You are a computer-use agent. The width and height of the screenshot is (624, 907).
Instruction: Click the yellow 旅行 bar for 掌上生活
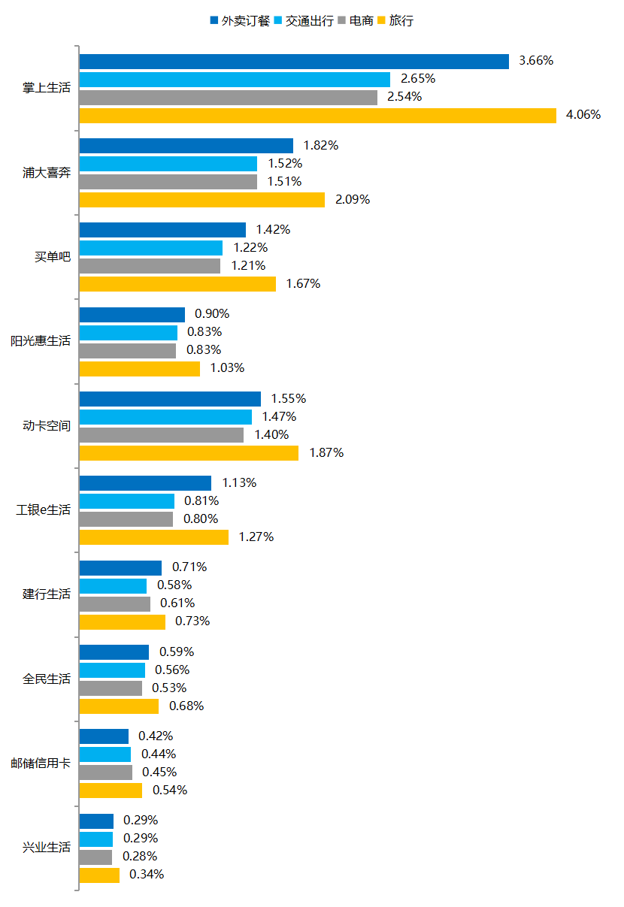pos(317,115)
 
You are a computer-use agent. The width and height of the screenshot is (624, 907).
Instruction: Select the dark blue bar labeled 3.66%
pos(294,61)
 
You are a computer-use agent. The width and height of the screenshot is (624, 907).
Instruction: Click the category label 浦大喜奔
pos(47,173)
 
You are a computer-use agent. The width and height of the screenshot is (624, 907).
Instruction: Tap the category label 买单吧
pos(53,257)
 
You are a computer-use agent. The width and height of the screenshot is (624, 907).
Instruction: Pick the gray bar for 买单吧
pos(150,266)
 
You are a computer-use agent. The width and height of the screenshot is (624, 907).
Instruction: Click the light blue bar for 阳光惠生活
pos(129,332)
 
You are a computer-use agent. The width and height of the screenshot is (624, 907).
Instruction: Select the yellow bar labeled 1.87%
pos(189,453)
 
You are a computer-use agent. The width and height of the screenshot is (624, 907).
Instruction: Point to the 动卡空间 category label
pos(47,426)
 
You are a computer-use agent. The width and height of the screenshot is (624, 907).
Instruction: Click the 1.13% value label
pos(239,483)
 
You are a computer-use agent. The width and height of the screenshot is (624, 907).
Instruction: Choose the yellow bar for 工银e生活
pos(154,537)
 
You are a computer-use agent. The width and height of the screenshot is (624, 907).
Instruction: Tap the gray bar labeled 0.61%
pos(115,603)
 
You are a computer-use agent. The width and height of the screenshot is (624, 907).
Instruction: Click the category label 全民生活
pos(47,679)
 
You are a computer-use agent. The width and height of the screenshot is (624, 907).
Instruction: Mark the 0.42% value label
pos(156,736)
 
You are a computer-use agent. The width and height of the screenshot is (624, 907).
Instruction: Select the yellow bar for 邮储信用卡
pos(111,791)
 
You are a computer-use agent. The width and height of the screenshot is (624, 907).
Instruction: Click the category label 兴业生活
pos(47,848)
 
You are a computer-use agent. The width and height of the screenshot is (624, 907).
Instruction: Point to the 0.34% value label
pos(147,875)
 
